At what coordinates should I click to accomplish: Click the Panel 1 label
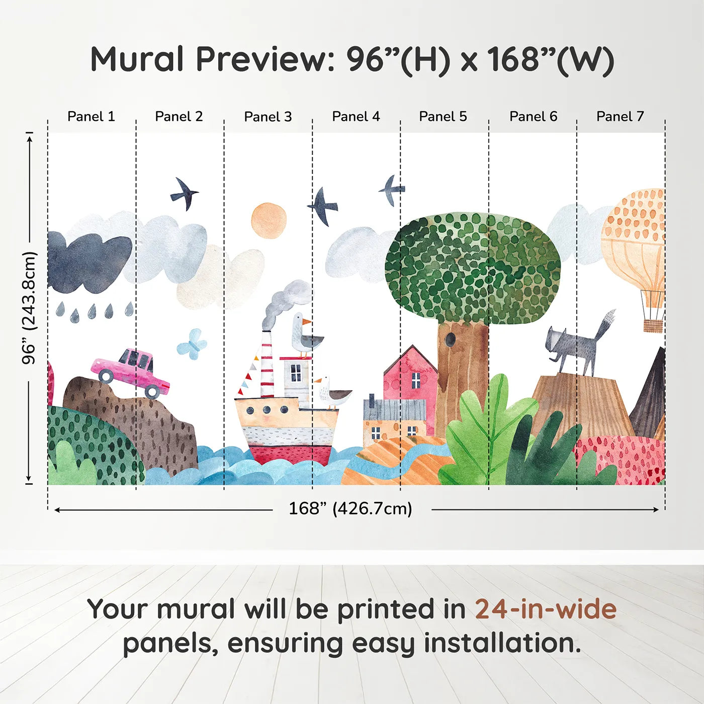91,117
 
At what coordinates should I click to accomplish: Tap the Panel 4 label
356,117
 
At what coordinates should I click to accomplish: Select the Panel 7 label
620,117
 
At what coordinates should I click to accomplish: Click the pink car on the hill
131,372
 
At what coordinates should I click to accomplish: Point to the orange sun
269,221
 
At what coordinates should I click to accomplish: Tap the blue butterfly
192,341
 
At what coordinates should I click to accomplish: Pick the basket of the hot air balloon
653,325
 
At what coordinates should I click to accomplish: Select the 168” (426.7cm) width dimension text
350,508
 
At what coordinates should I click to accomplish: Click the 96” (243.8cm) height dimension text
29,308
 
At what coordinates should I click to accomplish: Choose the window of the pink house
416,380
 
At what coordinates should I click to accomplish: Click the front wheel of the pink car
152,392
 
